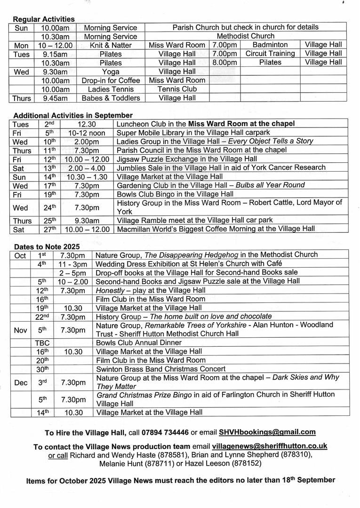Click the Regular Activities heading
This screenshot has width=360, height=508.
(x=44, y=19)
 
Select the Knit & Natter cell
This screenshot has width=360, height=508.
(x=111, y=45)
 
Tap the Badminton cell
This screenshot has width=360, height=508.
(x=270, y=45)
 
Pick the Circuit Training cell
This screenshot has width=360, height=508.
(x=270, y=54)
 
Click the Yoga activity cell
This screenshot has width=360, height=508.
(x=111, y=71)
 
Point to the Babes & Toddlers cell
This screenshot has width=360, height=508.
(x=111, y=98)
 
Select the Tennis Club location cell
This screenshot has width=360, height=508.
(x=177, y=89)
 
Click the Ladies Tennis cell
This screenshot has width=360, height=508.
(x=111, y=89)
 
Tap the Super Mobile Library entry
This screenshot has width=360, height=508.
(x=193, y=132)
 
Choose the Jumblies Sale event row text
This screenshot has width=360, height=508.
(x=221, y=167)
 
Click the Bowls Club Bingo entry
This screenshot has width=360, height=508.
(x=175, y=194)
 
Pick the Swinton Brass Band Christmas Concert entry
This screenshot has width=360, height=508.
(x=160, y=369)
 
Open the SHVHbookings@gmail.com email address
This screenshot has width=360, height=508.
(x=267, y=432)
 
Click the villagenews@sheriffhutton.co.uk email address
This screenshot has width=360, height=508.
(x=270, y=446)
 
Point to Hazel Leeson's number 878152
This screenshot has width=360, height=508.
(x=245, y=463)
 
